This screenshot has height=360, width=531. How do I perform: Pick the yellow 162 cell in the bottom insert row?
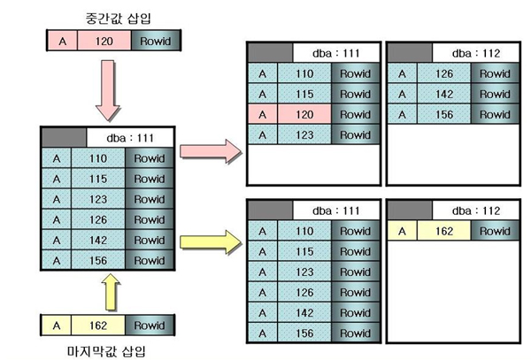coord(98,325)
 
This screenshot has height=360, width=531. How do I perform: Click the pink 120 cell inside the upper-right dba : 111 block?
coord(304,114)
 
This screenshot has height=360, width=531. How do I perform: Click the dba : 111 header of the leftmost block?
coord(130,137)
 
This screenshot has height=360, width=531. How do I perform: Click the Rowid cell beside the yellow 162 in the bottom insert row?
coord(150,325)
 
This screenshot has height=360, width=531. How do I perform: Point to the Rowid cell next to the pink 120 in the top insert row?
coord(155,41)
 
